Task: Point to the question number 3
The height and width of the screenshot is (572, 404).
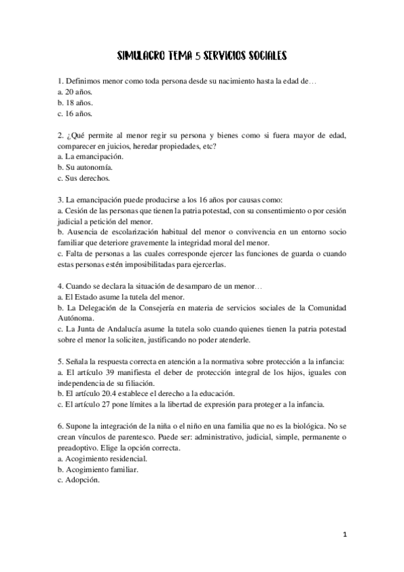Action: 61,200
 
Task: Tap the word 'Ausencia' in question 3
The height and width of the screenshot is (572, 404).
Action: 82,232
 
